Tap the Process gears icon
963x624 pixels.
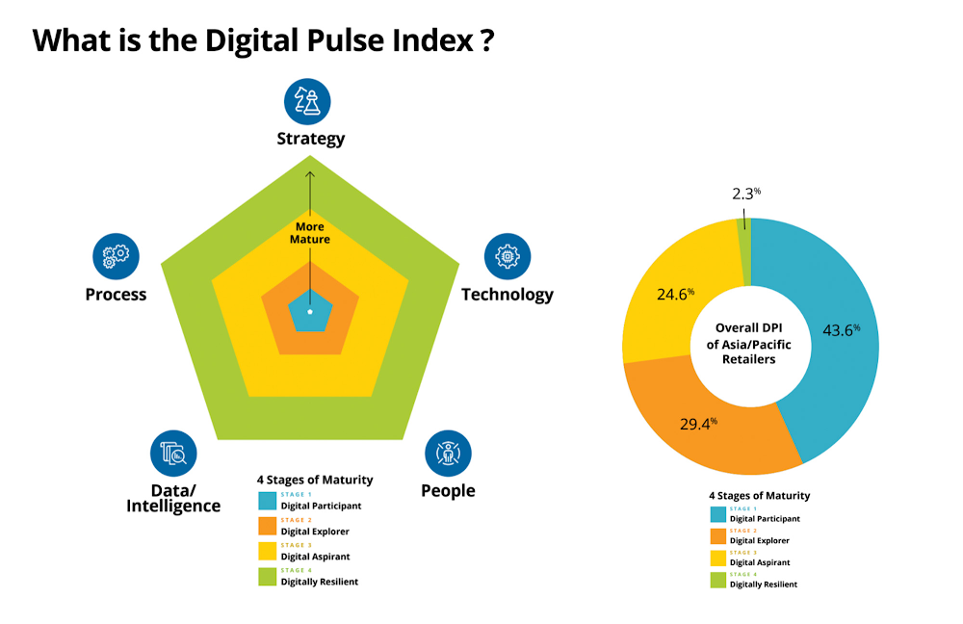(117, 256)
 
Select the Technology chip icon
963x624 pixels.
(507, 256)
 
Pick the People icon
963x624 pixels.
(449, 453)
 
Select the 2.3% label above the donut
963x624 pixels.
(743, 193)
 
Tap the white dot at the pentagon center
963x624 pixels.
(310, 311)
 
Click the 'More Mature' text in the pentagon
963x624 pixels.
(310, 233)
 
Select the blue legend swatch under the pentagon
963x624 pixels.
(268, 501)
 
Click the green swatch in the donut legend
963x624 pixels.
(716, 580)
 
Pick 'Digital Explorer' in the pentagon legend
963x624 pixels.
(315, 531)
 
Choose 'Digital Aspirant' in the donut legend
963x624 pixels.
(760, 561)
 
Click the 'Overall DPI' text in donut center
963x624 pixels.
(751, 327)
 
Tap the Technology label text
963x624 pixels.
(508, 295)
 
